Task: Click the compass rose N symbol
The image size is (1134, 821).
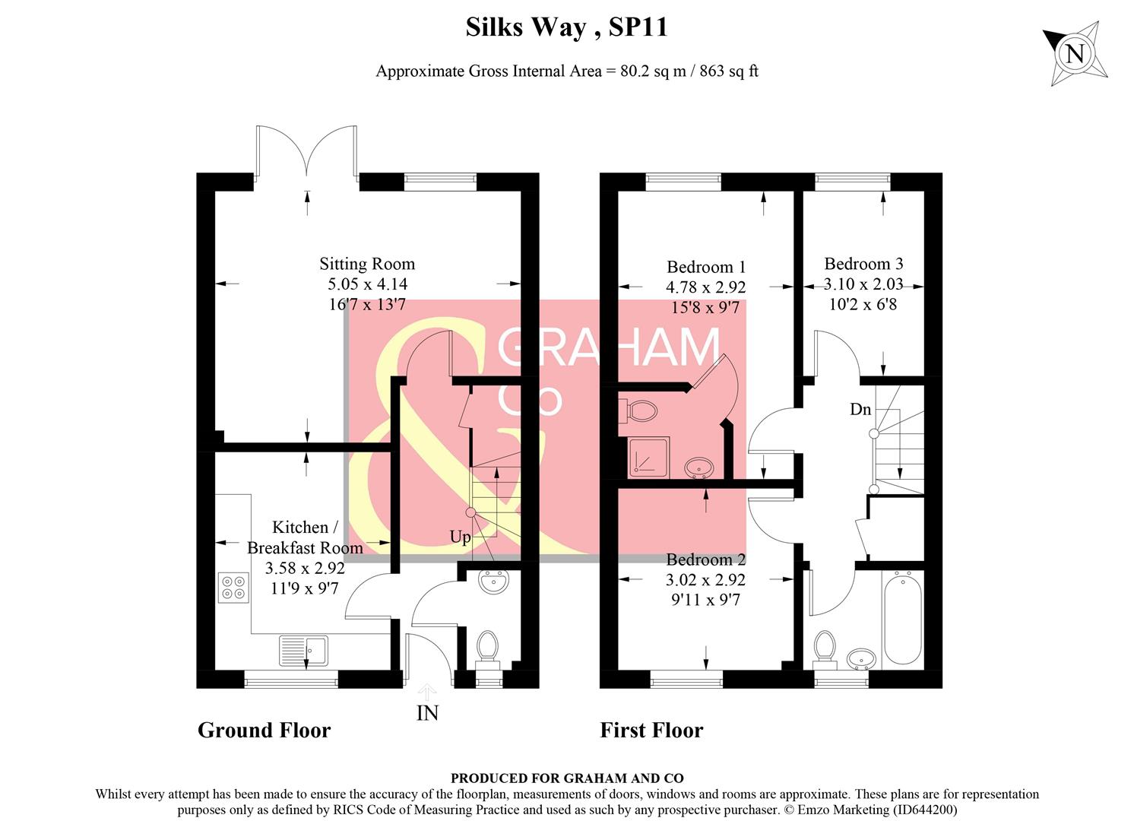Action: point(1075,54)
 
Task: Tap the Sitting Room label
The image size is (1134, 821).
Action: point(367,264)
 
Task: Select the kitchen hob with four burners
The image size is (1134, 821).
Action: point(233,587)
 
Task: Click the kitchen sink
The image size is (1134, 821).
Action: point(303,650)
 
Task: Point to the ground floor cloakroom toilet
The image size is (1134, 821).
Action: point(486,648)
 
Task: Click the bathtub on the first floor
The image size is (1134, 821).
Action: point(903,619)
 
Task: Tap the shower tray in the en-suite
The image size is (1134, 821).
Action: point(648,457)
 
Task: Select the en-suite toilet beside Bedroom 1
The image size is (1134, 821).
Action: point(641,411)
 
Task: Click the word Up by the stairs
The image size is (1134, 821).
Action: point(460,537)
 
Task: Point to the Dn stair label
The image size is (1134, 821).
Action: point(860,409)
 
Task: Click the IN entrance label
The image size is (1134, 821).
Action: point(427,712)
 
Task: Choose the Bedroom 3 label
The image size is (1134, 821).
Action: point(863,264)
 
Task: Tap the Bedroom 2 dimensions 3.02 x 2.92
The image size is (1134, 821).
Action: point(705,579)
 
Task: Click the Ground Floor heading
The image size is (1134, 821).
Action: point(264,730)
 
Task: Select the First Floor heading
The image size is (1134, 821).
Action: point(651,730)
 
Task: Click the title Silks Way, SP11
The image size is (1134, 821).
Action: point(566,27)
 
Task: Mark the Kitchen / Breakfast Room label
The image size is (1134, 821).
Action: point(304,537)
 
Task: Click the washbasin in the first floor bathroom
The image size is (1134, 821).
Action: point(860,658)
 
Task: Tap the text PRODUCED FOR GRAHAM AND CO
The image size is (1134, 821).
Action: point(567,778)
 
